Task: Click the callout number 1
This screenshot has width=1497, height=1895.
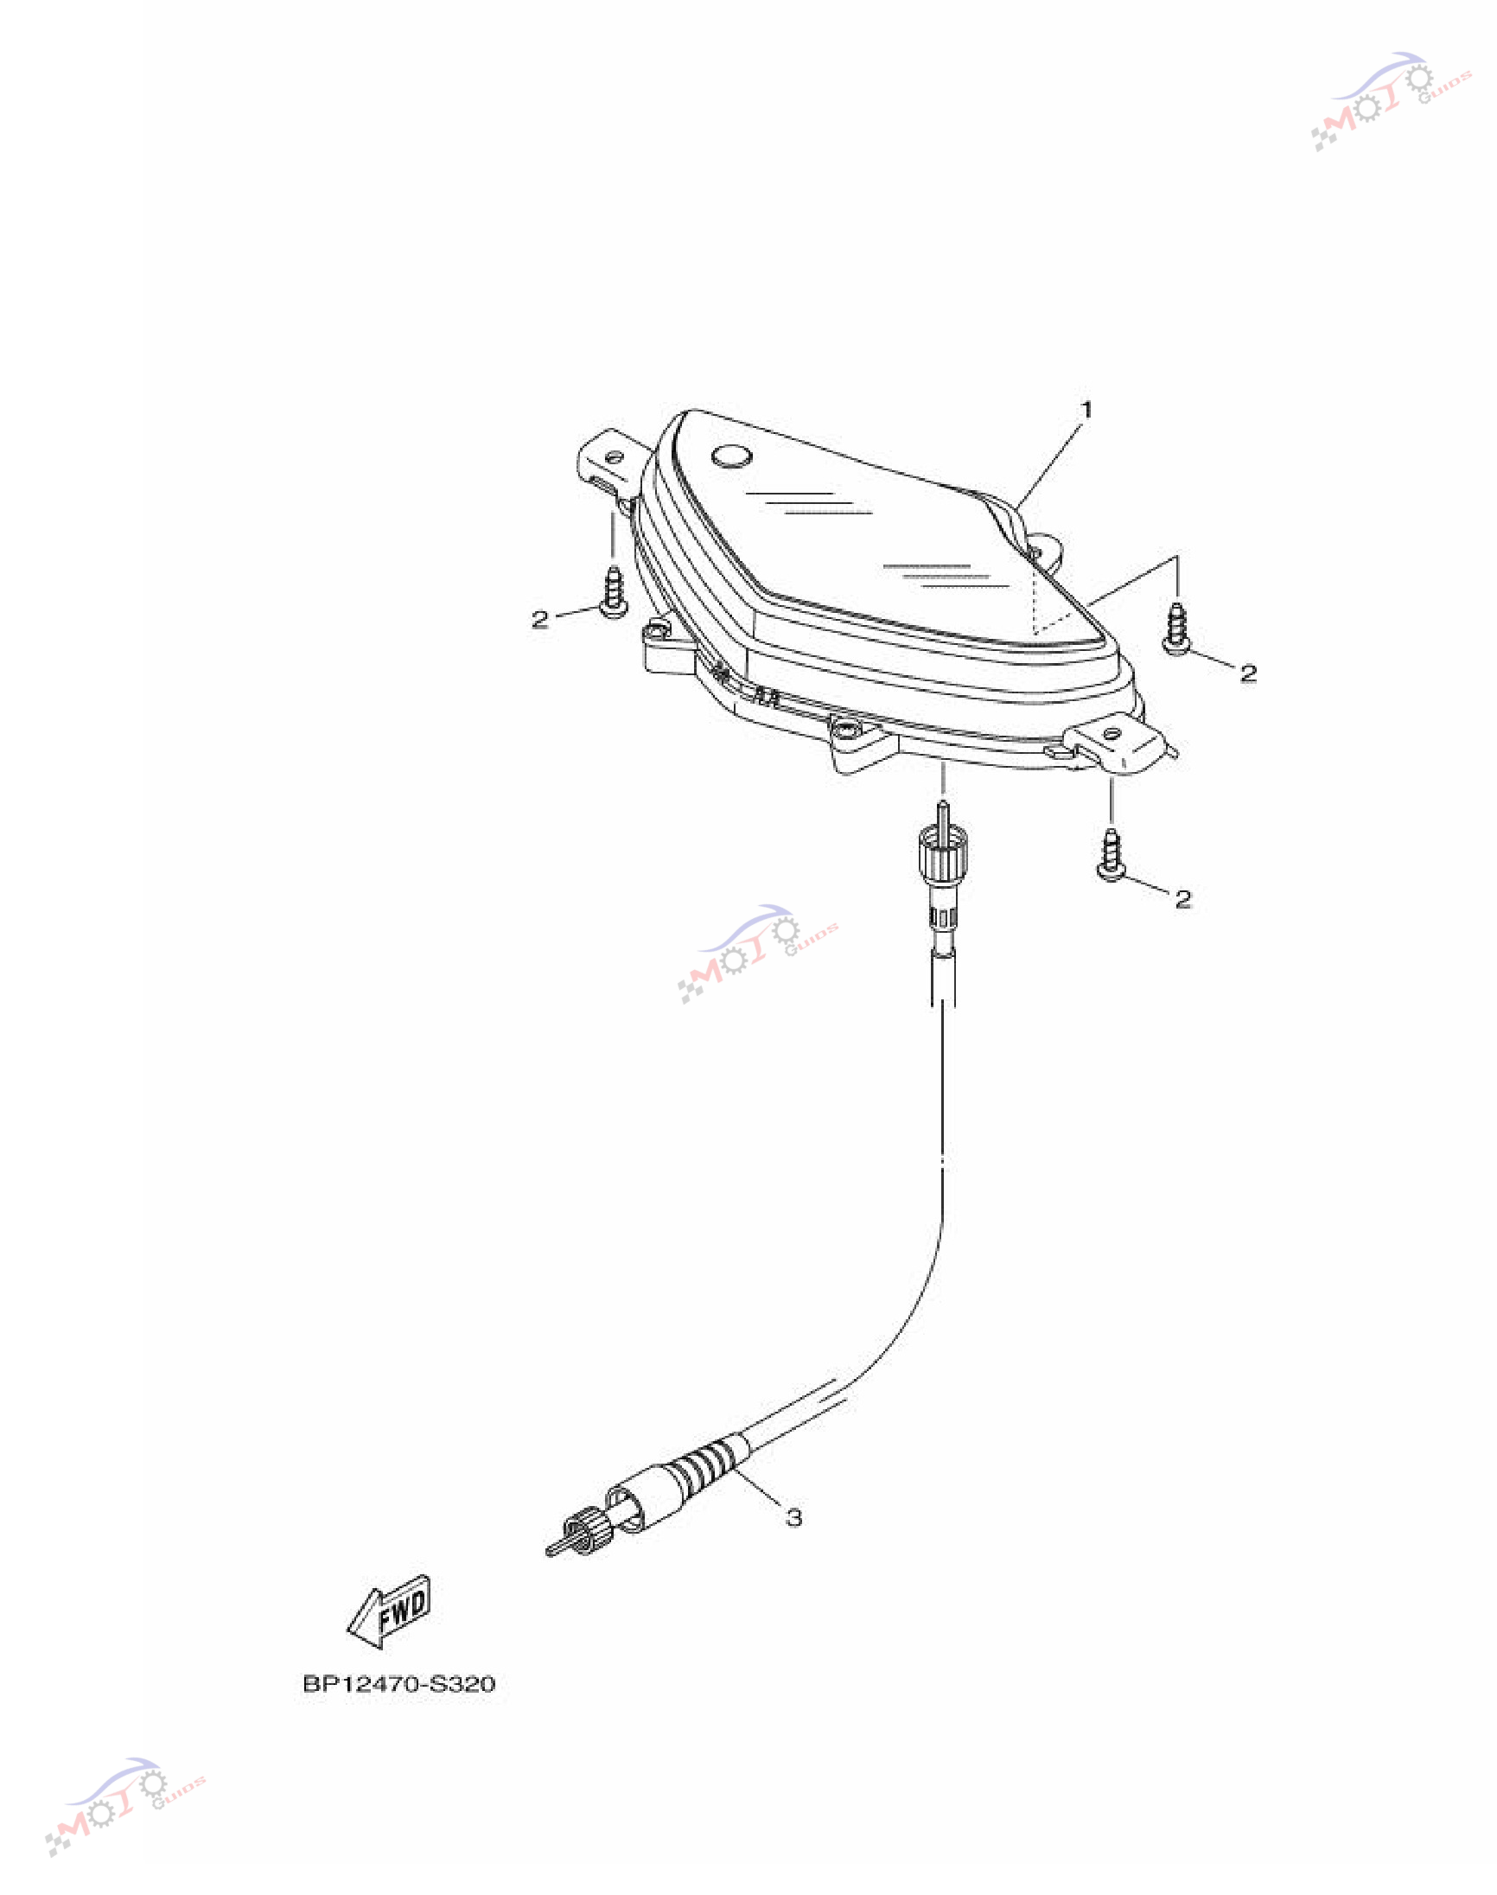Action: tap(1086, 410)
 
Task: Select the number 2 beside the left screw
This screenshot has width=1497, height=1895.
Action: tap(540, 620)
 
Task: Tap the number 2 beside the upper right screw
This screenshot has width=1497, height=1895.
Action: tap(1248, 673)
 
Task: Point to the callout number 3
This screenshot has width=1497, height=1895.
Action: tap(793, 1517)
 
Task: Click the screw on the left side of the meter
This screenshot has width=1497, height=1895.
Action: tap(614, 591)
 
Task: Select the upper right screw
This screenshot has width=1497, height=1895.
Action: tap(1176, 627)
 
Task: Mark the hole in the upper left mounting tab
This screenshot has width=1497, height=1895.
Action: tap(615, 456)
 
